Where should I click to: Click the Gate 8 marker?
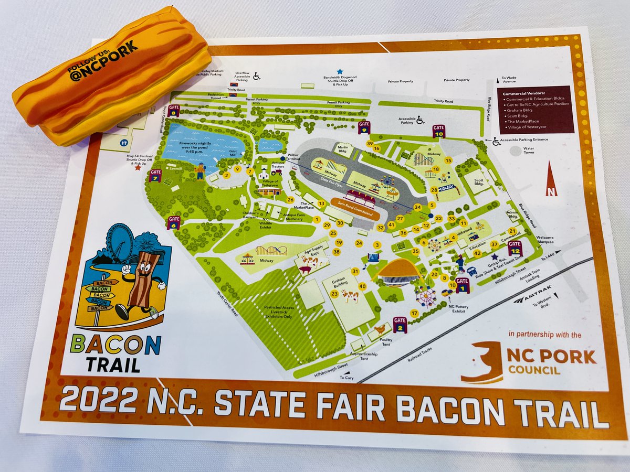pos(175,111)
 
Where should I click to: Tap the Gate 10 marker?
pos(439,131)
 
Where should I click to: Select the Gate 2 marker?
pos(400,325)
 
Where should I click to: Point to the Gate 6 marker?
pos(174,222)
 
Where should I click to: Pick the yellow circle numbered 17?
pos(414,313)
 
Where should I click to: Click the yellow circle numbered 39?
pos(370,143)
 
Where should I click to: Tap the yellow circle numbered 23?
pos(334,294)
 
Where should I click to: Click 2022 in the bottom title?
pos(92,401)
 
